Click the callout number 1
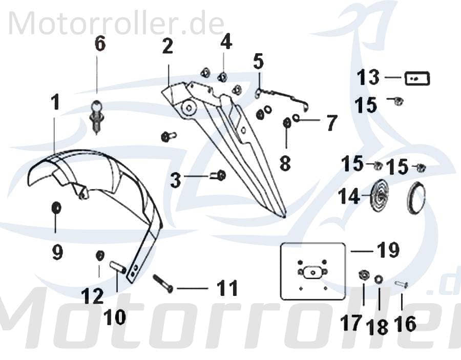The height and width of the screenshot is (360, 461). pyautogui.click(x=55, y=102)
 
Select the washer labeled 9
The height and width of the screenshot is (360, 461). pyautogui.click(x=57, y=208)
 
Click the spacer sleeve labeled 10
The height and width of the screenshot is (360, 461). pyautogui.click(x=118, y=268)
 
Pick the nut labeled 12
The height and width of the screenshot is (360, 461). pyautogui.click(x=100, y=255)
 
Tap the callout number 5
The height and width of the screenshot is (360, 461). pyautogui.click(x=258, y=61)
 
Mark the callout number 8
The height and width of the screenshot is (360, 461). pyautogui.click(x=285, y=163)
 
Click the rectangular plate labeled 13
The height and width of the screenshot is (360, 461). pyautogui.click(x=417, y=79)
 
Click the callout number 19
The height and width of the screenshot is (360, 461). pyautogui.click(x=388, y=251)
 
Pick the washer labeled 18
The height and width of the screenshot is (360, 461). pyautogui.click(x=379, y=279)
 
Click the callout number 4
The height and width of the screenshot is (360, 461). pyautogui.click(x=226, y=43)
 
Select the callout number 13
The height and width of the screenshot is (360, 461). pyautogui.click(x=368, y=78)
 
